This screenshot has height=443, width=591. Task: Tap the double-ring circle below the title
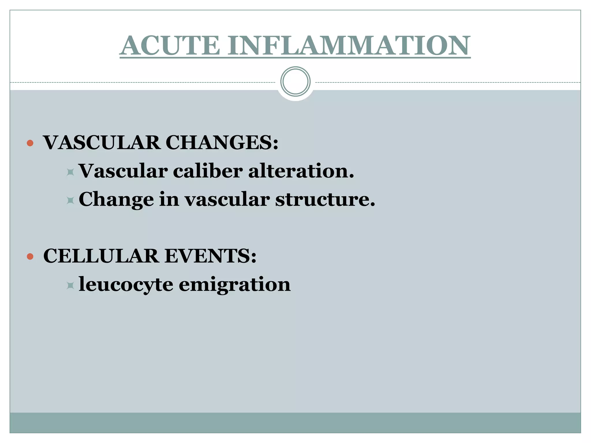tap(295, 81)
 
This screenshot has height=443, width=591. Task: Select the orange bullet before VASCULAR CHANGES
tap(30, 143)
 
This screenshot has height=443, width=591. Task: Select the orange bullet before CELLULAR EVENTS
tap(30, 256)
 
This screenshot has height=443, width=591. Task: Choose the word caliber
tap(207, 171)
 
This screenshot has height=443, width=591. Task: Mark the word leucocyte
tap(126, 285)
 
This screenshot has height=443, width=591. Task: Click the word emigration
tap(235, 285)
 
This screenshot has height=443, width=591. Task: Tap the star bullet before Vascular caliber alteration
tap(70, 172)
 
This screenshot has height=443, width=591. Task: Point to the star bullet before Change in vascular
tap(70, 200)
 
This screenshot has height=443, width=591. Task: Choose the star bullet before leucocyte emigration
tap(70, 286)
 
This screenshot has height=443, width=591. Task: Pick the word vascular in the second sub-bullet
tap(227, 200)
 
